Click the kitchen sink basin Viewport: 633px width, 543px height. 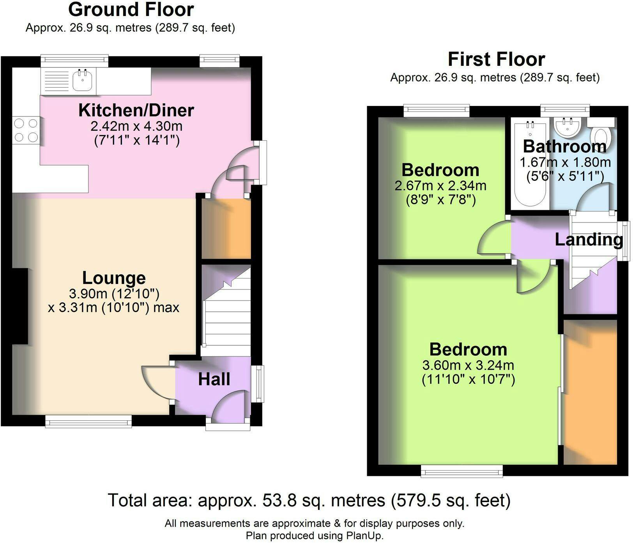coord(82,81)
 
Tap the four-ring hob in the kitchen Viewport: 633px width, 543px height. coord(26,130)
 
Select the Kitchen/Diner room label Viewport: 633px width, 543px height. coord(136,110)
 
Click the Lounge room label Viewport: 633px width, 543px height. coord(114,278)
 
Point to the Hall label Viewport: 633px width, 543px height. coord(214,379)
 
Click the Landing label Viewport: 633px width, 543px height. coord(589,240)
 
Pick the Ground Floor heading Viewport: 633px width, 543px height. coord(131,9)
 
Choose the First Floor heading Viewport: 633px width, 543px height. coord(496,59)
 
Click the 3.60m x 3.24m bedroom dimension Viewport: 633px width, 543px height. coord(468,365)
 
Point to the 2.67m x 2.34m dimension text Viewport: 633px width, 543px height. coord(440,185)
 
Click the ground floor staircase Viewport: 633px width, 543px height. coord(226,306)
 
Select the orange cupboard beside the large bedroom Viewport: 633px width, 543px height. coord(590,392)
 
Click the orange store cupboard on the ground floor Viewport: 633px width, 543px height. coord(226,229)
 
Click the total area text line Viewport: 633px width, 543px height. coord(309,501)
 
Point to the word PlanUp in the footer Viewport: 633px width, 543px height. coord(364,536)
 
